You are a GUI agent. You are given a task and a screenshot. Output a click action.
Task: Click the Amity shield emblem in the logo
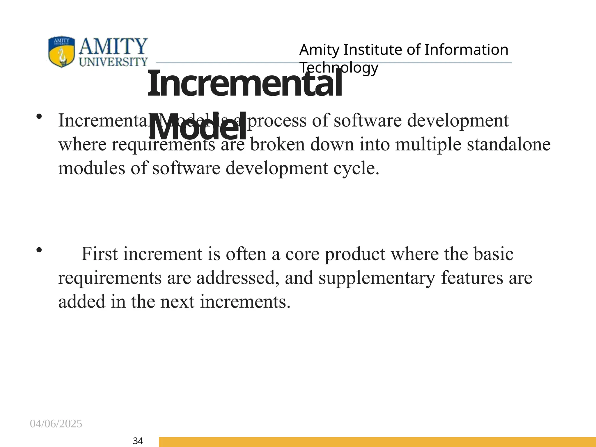click(61, 52)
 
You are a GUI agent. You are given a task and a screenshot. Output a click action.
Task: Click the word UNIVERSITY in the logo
click(113, 62)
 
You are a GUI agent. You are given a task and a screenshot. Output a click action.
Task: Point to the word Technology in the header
click(339, 68)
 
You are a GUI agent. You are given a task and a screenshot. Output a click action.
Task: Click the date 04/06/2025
click(56, 424)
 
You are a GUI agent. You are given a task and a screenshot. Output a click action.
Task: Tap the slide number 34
click(138, 441)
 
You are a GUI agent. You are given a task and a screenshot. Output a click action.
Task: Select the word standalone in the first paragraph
click(508, 145)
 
